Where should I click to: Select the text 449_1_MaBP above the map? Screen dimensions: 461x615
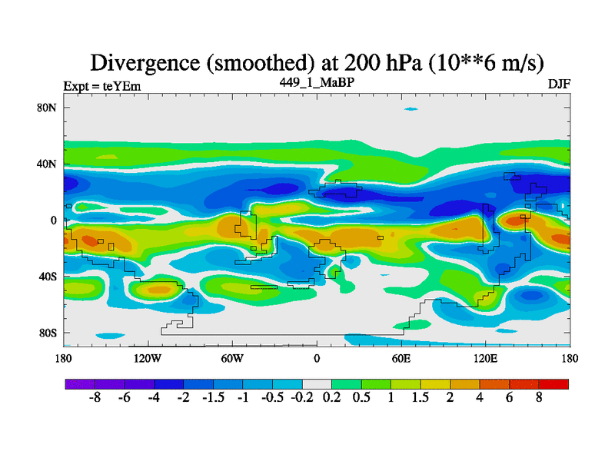pos(317,81)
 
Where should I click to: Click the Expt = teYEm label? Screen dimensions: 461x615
pos(101,86)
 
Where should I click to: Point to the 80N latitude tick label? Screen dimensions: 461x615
pos(48,108)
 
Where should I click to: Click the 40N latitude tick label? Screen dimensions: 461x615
pos(48,164)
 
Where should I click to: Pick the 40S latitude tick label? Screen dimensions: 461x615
pos(48,277)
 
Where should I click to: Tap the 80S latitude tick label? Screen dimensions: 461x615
pos(48,333)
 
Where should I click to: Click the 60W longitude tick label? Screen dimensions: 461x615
pos(231,359)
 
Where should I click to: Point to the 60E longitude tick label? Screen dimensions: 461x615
pos(401,359)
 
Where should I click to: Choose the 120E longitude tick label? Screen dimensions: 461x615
pos(486,359)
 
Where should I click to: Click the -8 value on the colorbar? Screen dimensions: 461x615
pos(95,399)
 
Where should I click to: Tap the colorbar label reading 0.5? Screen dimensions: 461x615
pos(361,399)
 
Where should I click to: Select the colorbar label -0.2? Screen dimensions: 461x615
pos(302,399)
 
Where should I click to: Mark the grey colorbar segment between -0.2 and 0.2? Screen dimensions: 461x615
pos(317,383)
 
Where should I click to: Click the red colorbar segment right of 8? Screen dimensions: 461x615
pos(553,383)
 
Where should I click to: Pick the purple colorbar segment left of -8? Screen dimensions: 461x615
pos(80,383)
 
